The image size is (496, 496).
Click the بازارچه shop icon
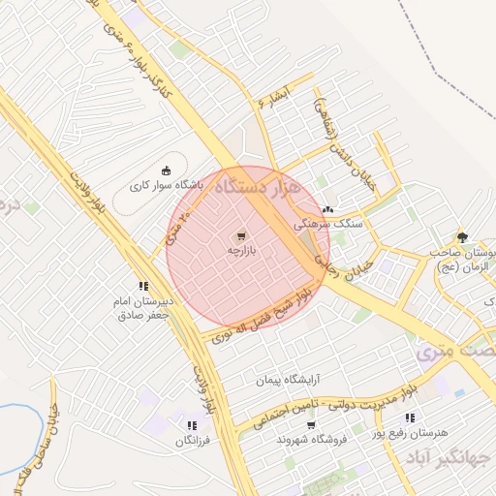(239, 235)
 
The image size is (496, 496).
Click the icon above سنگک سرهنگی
(327, 208)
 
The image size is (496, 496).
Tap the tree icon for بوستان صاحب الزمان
(462, 236)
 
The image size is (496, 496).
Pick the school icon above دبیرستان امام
(143, 286)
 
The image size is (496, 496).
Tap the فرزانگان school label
(192, 441)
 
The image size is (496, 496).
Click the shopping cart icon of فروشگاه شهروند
(311, 425)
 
